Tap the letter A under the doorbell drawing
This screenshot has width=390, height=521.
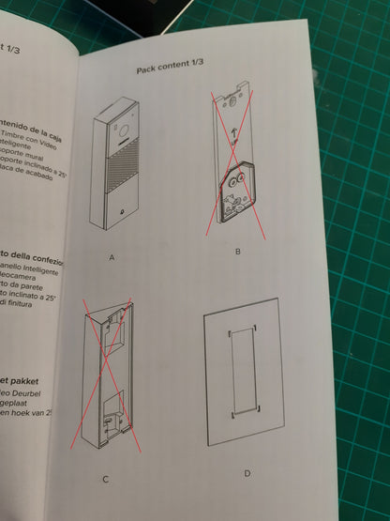pos(112,256)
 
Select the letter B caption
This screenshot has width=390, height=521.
pos(238,252)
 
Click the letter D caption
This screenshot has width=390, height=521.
pos(247,473)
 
